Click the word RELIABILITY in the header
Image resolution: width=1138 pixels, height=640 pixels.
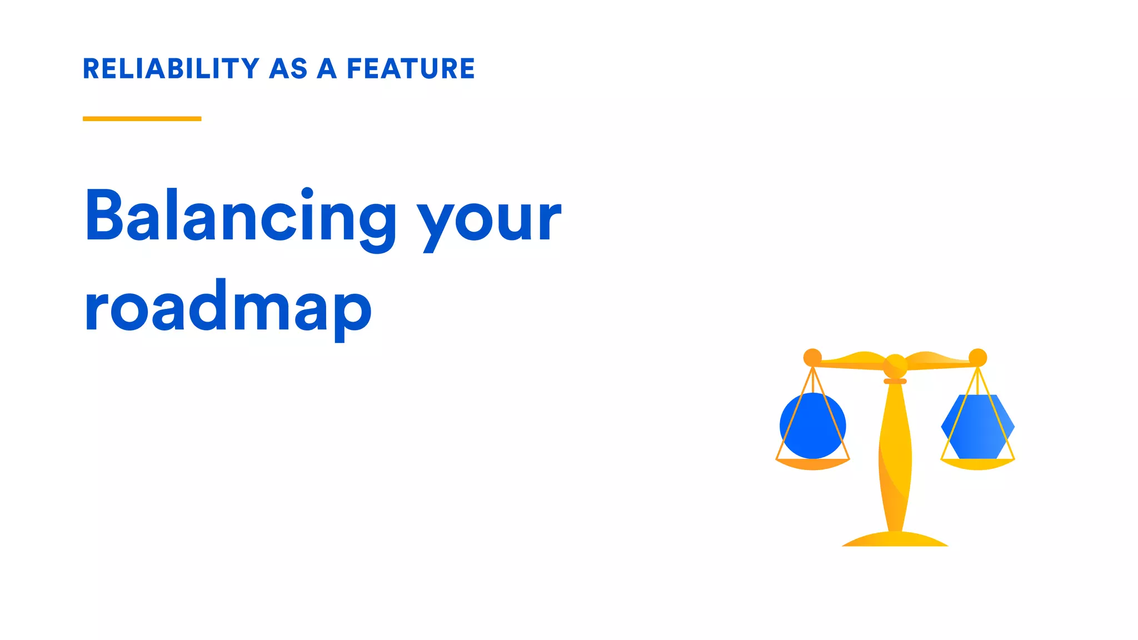pyautogui.click(x=171, y=69)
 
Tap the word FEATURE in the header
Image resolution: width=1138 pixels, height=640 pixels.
pyautogui.click(x=411, y=69)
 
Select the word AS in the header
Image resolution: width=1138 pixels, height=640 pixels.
pyautogui.click(x=288, y=69)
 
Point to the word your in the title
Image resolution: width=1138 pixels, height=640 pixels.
pyautogui.click(x=490, y=219)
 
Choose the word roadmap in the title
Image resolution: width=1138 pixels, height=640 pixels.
pyautogui.click(x=228, y=308)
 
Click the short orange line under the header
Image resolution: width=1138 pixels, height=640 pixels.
pyautogui.click(x=142, y=118)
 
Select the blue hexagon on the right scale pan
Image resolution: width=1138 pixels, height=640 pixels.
pyautogui.click(x=977, y=427)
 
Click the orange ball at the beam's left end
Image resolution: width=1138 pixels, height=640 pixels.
pyautogui.click(x=812, y=357)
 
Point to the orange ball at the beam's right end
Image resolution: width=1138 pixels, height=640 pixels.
pyautogui.click(x=977, y=357)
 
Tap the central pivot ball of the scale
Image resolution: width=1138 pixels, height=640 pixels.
pyautogui.click(x=895, y=365)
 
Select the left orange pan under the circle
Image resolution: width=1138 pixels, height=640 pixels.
pyautogui.click(x=812, y=464)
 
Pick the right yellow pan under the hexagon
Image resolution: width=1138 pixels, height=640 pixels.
pyautogui.click(x=977, y=464)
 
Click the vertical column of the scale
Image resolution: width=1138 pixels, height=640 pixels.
pyautogui.click(x=895, y=456)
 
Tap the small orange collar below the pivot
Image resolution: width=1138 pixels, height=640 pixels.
pyautogui.click(x=895, y=381)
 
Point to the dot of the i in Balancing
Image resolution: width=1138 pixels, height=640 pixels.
pyautogui.click(x=307, y=193)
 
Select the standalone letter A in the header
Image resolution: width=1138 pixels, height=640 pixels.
pyautogui.click(x=327, y=69)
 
